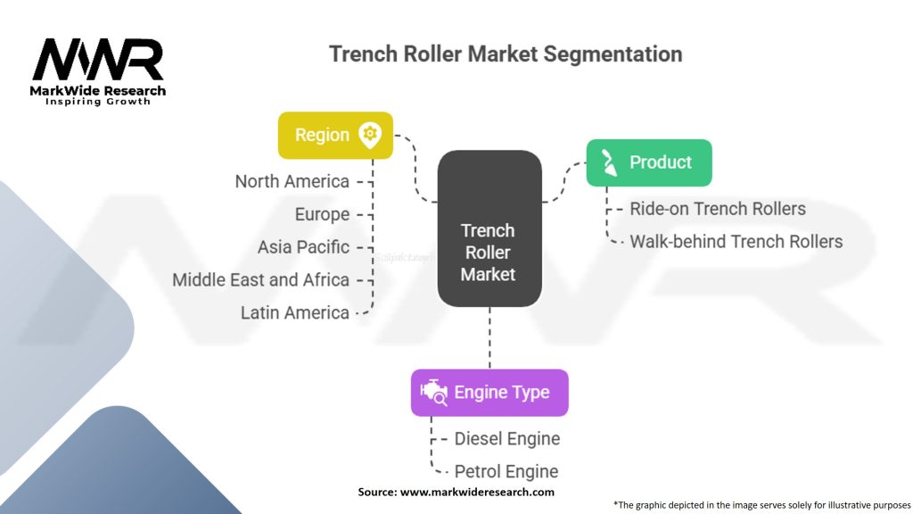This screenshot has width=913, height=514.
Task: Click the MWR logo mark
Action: coord(98,60)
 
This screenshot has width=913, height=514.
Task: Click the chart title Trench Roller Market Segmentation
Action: coord(506,54)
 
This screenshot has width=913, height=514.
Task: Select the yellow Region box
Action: coord(335,135)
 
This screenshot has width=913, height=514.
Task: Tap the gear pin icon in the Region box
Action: coord(369,135)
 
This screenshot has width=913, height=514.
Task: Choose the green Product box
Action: coord(648,162)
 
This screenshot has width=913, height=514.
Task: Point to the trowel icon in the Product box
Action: coord(610,162)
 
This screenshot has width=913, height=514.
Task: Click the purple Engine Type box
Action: coord(489,392)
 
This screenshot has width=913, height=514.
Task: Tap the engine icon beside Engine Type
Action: coord(433,392)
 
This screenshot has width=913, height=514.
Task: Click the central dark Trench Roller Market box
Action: coord(489,229)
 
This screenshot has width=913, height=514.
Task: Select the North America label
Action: coord(292,181)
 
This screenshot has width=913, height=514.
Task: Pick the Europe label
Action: coord(322,214)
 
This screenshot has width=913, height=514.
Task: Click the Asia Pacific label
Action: coord(303,246)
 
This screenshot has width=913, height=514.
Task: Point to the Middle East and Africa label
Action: coord(260,279)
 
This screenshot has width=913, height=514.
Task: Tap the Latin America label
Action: coord(294,312)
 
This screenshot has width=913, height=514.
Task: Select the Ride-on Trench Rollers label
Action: coord(717,209)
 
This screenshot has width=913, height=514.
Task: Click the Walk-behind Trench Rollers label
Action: coord(736,241)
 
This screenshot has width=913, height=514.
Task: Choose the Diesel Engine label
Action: coord(506,438)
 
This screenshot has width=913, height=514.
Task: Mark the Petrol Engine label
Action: coord(506,471)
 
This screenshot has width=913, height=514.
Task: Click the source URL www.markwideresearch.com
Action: coord(477,492)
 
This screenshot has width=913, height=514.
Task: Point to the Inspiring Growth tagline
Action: coord(98,102)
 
